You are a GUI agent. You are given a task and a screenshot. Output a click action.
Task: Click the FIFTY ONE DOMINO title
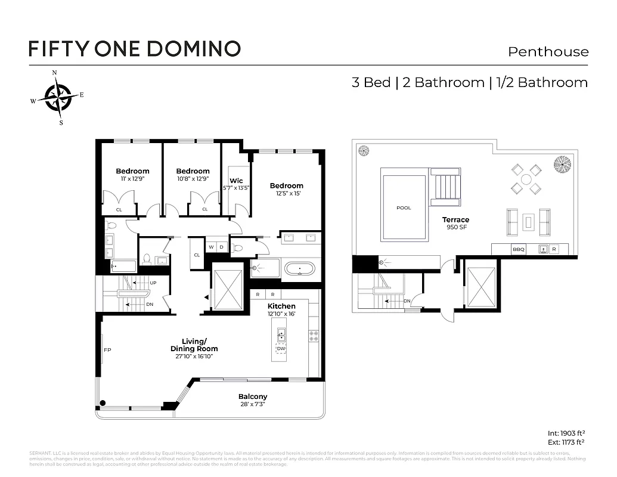click(135, 48)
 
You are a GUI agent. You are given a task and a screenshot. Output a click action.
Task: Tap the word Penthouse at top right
click(548, 52)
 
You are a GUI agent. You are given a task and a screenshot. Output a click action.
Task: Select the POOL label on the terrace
click(404, 208)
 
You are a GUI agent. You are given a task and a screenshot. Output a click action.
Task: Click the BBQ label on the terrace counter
click(519, 250)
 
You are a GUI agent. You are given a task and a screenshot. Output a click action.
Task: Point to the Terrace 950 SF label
click(455, 224)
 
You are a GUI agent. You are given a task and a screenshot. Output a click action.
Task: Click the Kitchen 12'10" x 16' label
click(282, 309)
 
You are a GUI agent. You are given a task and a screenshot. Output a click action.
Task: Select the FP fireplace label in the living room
click(107, 350)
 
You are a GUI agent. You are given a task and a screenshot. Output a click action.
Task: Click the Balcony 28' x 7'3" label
click(253, 400)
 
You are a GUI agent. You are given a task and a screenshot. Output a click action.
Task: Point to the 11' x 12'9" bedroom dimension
click(132, 178)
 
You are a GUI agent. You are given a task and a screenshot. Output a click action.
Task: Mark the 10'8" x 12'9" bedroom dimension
click(193, 178)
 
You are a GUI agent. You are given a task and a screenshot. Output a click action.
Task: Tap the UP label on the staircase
click(153, 283)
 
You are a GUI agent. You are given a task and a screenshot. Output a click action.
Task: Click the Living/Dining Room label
click(194, 345)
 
